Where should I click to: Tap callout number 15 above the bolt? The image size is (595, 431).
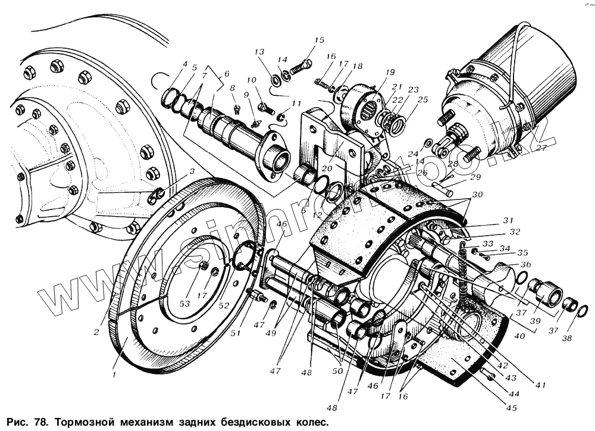tap(319, 40)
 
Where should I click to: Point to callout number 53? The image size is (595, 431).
tap(185, 304)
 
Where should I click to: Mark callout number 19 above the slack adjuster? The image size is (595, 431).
tap(390, 73)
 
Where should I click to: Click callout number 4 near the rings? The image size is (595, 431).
tap(185, 64)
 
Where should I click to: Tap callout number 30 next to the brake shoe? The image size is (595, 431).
tap(478, 195)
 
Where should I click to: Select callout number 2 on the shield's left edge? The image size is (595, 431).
tap(96, 332)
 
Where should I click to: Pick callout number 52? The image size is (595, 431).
tap(224, 306)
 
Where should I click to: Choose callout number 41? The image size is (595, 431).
tap(540, 385)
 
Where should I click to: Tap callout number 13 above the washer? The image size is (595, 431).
tap(259, 52)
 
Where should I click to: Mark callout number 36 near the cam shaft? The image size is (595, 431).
tap(525, 264)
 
